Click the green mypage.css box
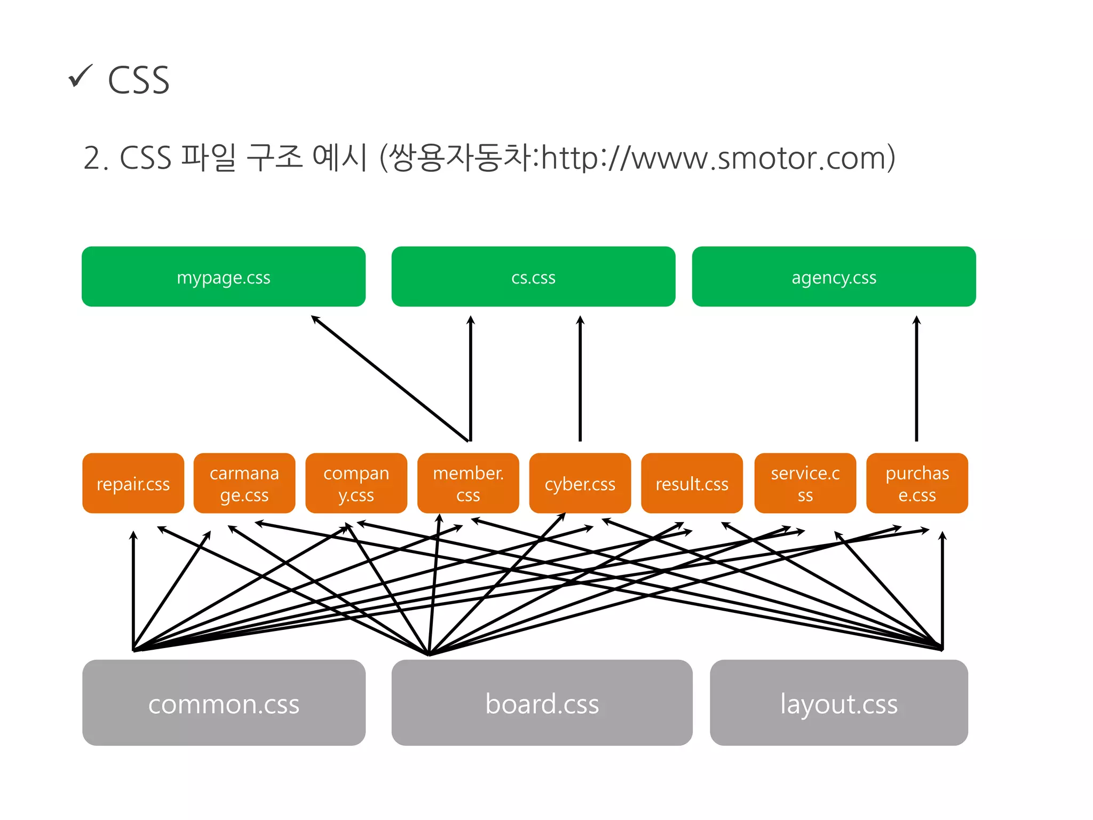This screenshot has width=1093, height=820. [x=223, y=277]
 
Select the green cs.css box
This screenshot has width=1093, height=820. [x=533, y=277]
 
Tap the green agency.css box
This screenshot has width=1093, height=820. [x=834, y=277]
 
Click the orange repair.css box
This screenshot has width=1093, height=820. [x=133, y=483]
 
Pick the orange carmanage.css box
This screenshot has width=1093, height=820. [x=244, y=483]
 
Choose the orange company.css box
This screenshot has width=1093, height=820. [x=356, y=483]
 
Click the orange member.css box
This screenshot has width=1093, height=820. [x=468, y=483]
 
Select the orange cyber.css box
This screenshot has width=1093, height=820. [x=580, y=483]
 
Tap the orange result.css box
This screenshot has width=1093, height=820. [x=692, y=483]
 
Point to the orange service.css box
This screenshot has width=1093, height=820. [x=805, y=483]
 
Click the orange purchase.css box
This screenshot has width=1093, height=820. [x=917, y=483]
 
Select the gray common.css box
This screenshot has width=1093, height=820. [x=224, y=703]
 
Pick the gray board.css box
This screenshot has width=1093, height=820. [x=542, y=703]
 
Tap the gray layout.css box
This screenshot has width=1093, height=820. [x=838, y=703]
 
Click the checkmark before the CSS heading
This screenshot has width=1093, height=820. [x=81, y=76]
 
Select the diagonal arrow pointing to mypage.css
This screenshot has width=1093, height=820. [x=390, y=378]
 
